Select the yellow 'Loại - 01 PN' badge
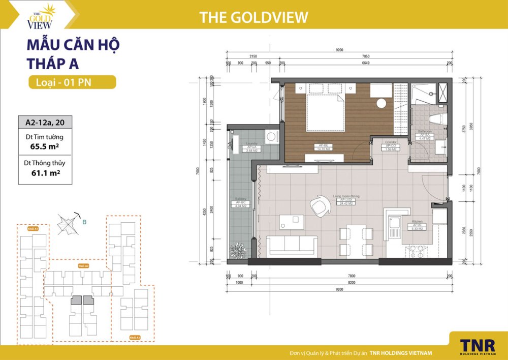72,82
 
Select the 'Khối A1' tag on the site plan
34,229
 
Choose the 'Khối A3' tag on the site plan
135,337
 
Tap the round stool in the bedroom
381,103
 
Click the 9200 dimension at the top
339,50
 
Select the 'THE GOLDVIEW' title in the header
254,17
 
